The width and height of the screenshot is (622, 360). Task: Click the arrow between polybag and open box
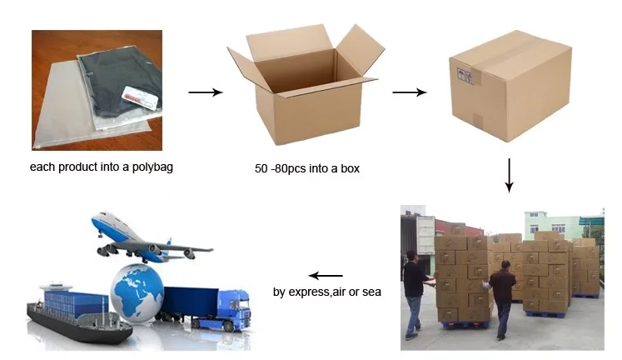point(205,92)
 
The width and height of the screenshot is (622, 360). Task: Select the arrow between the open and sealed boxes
point(409,92)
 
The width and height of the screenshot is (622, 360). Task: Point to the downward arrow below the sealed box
point(509,176)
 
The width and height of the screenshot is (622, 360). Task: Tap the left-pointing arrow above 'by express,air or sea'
point(326,275)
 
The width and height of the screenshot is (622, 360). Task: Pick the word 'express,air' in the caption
point(319,292)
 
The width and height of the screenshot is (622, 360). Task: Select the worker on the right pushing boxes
point(502,295)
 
